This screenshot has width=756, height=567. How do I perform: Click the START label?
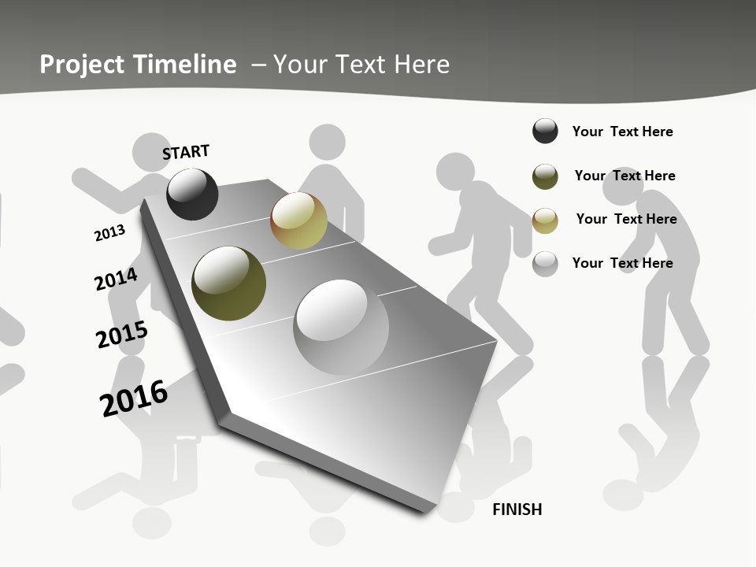(x=186, y=152)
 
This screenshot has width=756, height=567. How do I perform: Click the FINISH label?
(x=517, y=510)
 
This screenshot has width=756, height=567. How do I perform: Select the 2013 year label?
(x=109, y=233)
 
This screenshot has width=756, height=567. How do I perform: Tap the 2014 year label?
(x=116, y=280)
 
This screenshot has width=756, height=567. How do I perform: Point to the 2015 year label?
(x=121, y=335)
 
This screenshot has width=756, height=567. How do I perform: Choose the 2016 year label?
(x=134, y=398)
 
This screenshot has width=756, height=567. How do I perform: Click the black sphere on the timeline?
(x=192, y=194)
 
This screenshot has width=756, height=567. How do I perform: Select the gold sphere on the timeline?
(x=298, y=220)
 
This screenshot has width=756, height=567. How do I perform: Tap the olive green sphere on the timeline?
(x=228, y=283)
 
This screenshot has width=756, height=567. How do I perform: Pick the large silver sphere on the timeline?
(x=341, y=326)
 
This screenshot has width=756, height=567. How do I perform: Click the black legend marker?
(x=545, y=131)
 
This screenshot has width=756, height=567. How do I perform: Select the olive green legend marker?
(x=545, y=176)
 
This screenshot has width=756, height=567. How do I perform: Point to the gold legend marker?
(x=545, y=220)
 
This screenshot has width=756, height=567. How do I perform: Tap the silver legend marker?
(x=545, y=264)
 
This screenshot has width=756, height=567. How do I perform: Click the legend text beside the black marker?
(x=622, y=132)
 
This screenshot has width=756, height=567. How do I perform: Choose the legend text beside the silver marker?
(x=622, y=263)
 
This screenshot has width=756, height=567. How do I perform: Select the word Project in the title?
(x=81, y=65)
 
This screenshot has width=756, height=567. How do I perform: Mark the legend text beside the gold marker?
(x=626, y=219)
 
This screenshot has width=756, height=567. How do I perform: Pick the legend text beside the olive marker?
(x=624, y=176)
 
